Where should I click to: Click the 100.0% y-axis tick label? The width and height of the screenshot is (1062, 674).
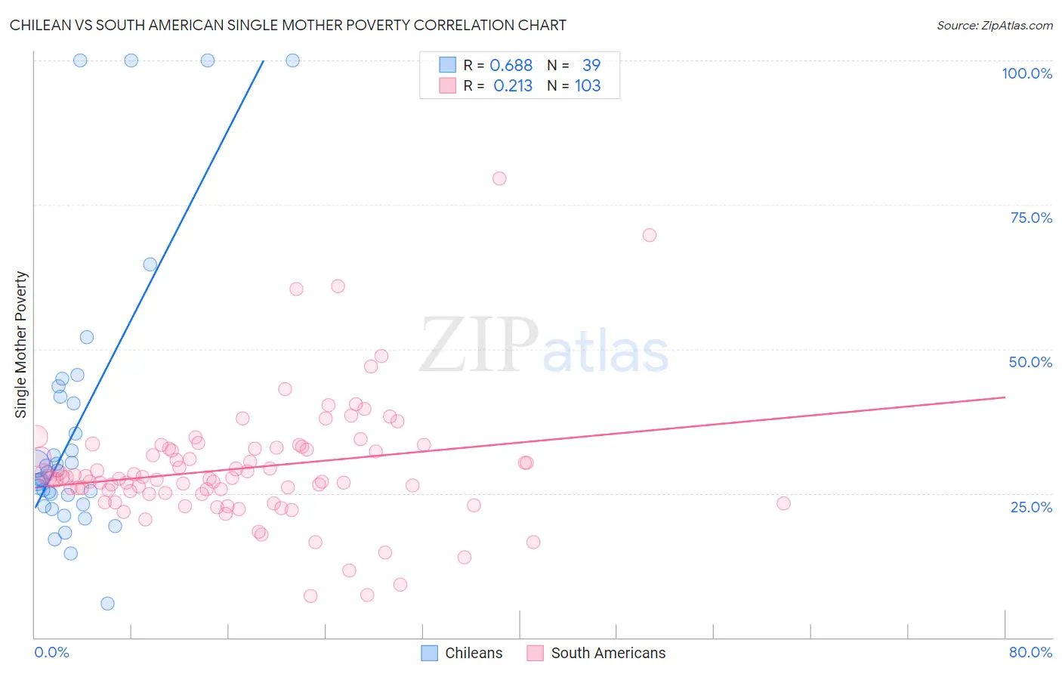point(1026,73)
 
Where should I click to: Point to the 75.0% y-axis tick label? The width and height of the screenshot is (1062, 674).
point(1031,218)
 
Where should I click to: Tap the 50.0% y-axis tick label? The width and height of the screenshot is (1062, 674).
point(1030,362)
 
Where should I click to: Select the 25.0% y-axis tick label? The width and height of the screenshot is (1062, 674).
point(1031,507)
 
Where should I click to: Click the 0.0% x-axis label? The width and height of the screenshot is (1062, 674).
point(51,652)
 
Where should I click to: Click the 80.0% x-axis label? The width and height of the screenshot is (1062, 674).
point(1030,652)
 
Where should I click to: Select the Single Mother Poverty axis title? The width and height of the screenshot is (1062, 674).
point(21,345)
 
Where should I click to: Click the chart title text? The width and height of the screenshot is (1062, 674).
point(288,25)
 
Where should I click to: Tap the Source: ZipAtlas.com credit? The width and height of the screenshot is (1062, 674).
point(994,25)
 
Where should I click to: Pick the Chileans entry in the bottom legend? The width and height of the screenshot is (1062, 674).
point(473,653)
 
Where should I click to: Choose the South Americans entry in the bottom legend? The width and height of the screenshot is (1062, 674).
point(608,653)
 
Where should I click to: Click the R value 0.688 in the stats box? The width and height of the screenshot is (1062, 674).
point(511,66)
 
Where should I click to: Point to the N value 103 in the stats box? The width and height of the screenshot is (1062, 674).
point(588,86)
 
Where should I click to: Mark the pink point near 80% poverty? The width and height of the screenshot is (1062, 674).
point(499,179)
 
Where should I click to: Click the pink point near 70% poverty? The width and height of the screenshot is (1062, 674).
point(650,235)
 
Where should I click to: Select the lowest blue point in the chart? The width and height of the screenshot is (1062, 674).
point(107,604)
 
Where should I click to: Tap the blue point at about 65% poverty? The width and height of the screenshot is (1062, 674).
point(150,264)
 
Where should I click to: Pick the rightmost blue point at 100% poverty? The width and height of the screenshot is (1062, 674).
point(292,60)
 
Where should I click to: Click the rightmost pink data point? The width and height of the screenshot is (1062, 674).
point(783,503)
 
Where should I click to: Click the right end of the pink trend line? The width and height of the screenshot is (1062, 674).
point(1005,397)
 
